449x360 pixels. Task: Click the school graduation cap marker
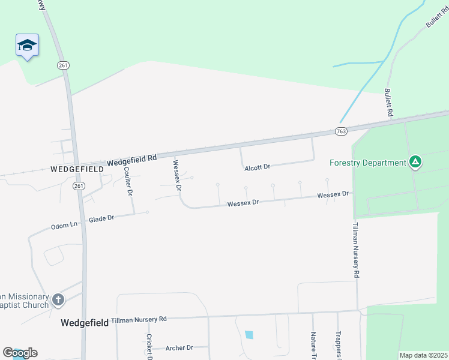27,45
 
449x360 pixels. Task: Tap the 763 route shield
341,131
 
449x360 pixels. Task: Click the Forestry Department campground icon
415,161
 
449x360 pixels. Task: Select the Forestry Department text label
368,163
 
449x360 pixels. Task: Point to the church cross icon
58,299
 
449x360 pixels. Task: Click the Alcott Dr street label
258,168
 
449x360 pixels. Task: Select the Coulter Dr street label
128,180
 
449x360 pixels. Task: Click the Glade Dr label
101,218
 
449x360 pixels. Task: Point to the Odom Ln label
64,226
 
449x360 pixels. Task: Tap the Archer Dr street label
179,347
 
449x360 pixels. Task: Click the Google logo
20,353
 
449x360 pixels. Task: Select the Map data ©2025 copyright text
423,355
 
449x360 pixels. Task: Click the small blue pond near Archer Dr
249,334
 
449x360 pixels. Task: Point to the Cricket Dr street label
149,347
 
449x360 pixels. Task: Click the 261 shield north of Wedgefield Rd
62,65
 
